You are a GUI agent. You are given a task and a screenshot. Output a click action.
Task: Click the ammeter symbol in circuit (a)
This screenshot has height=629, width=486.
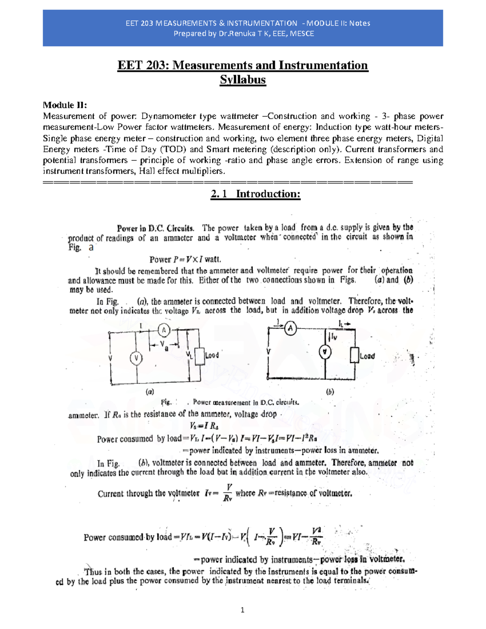pyautogui.click(x=164, y=330)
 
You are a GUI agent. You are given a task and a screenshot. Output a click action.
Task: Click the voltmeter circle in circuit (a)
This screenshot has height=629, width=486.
pyautogui.click(x=136, y=358)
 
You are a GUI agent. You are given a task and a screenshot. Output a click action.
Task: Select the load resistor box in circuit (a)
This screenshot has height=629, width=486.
pyautogui.click(x=199, y=356)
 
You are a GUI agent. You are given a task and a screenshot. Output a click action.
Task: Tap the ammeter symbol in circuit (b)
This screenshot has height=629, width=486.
pyautogui.click(x=290, y=328)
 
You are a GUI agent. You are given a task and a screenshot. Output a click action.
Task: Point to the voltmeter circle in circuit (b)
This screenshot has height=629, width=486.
pyautogui.click(x=325, y=352)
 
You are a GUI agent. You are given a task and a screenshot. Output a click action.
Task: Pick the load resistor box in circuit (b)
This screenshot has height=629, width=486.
pyautogui.click(x=354, y=355)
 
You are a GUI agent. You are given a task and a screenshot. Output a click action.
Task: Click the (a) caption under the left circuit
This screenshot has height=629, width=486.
pyautogui.click(x=150, y=392)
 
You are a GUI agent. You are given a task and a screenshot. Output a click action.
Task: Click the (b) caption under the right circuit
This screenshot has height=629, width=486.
pyautogui.click(x=330, y=392)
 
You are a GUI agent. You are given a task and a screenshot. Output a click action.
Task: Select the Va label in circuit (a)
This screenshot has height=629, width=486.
pyautogui.click(x=164, y=345)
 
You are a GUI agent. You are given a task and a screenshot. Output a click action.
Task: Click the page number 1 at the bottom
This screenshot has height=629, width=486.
pyautogui.click(x=243, y=610)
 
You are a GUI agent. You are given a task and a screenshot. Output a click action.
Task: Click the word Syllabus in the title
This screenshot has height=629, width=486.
pyautogui.click(x=243, y=80)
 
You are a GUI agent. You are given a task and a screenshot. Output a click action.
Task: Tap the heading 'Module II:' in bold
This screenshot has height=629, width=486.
pyautogui.click(x=65, y=105)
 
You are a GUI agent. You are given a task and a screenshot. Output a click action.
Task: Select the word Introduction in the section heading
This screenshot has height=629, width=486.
pyautogui.click(x=268, y=194)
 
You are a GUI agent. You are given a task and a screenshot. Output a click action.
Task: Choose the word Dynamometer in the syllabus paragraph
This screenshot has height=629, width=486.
pyautogui.click(x=168, y=116)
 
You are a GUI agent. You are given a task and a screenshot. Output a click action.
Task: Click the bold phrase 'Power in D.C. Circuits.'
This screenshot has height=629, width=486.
pyautogui.click(x=156, y=228)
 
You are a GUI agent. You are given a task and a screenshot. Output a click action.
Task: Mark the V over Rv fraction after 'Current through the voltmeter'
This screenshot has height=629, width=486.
pyautogui.click(x=228, y=493)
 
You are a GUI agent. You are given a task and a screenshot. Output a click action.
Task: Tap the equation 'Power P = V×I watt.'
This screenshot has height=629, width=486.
pyautogui.click(x=185, y=259)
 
